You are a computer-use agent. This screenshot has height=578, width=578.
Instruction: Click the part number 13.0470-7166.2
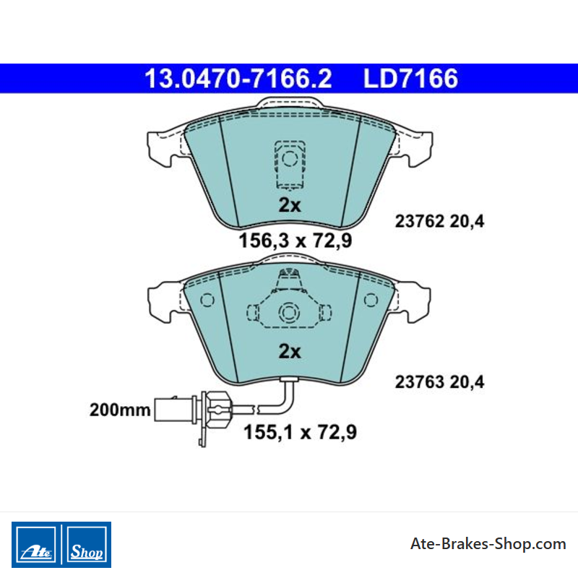pos(238,79)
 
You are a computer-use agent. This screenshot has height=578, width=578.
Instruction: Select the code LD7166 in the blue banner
pos(410,79)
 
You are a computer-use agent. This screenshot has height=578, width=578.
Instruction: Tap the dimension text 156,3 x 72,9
pos(296,241)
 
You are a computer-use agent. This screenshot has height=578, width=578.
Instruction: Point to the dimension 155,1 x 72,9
pos(300,432)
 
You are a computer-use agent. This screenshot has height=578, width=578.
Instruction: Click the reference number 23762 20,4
pos(439,222)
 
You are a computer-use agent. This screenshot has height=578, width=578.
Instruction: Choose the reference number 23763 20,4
pos(439,382)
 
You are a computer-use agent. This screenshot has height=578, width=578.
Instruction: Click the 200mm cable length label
pos(120,410)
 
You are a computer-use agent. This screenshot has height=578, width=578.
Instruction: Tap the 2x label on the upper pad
pos(290,205)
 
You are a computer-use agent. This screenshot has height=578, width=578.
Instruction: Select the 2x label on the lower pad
pos(290,351)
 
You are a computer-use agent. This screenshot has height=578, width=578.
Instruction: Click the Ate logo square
pos(36,545)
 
